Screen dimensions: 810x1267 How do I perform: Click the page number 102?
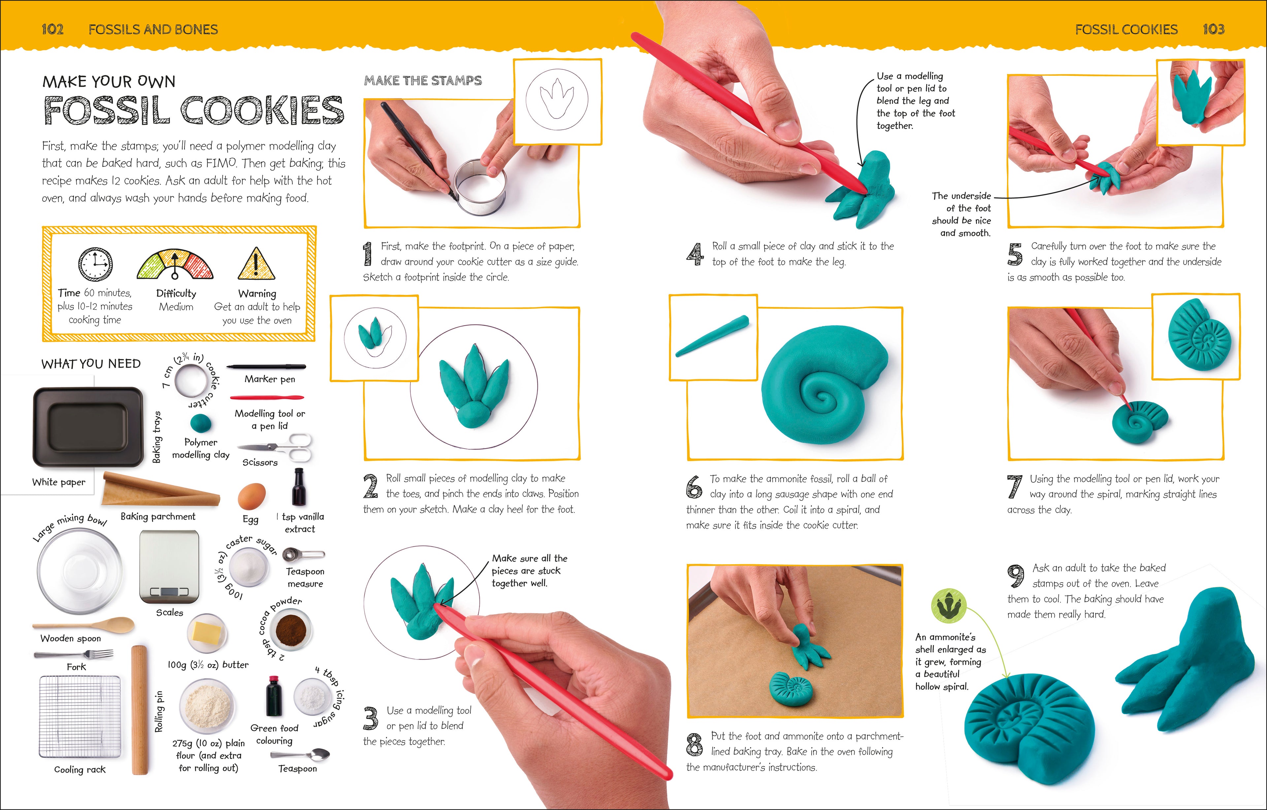[x=52, y=29]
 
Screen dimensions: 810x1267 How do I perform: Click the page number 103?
[x=1213, y=29]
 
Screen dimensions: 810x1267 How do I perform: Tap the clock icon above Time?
[x=95, y=264]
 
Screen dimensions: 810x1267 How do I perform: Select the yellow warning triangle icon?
[x=256, y=264]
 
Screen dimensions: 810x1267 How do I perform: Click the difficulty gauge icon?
[x=175, y=265]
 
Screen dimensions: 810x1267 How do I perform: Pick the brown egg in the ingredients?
[x=251, y=496]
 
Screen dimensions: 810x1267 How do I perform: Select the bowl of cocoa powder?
[x=288, y=630]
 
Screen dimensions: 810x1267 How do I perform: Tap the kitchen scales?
[x=169, y=567]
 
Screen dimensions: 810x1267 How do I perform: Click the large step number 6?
[x=694, y=487]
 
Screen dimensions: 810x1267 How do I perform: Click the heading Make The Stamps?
[x=423, y=81]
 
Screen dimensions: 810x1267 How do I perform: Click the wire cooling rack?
[x=80, y=716]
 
